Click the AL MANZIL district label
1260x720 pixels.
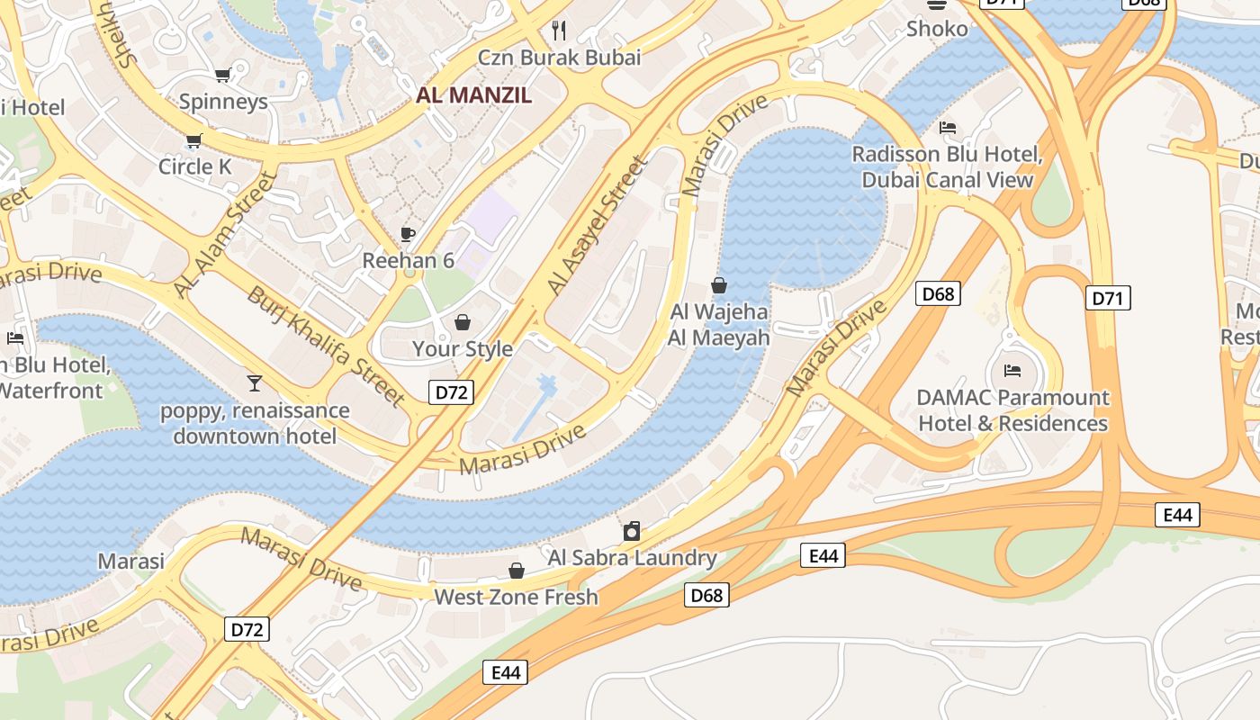pos(473,94)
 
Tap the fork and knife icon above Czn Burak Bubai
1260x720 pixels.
pos(559,31)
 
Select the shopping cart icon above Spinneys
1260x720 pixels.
pos(222,75)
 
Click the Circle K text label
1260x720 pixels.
pos(194,166)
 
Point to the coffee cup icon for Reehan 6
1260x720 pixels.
pos(408,235)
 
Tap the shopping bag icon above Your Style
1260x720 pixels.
pos(463,322)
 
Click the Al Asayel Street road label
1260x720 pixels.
pos(597,226)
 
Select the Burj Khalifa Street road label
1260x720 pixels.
pos(327,346)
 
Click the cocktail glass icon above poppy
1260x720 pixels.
pos(255,384)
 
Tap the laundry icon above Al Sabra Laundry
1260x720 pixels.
pos(632,531)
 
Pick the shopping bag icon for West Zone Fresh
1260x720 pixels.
pos(517,571)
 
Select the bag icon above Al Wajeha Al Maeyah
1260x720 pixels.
pos(719,286)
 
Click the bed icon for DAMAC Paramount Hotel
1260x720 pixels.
pos(1012,370)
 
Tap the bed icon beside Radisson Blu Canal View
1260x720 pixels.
pos(948,128)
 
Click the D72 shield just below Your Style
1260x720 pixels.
pos(450,391)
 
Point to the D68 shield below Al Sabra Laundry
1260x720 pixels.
pos(706,594)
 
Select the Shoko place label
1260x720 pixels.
pos(937,29)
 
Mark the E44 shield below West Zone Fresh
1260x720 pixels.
pos(505,671)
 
